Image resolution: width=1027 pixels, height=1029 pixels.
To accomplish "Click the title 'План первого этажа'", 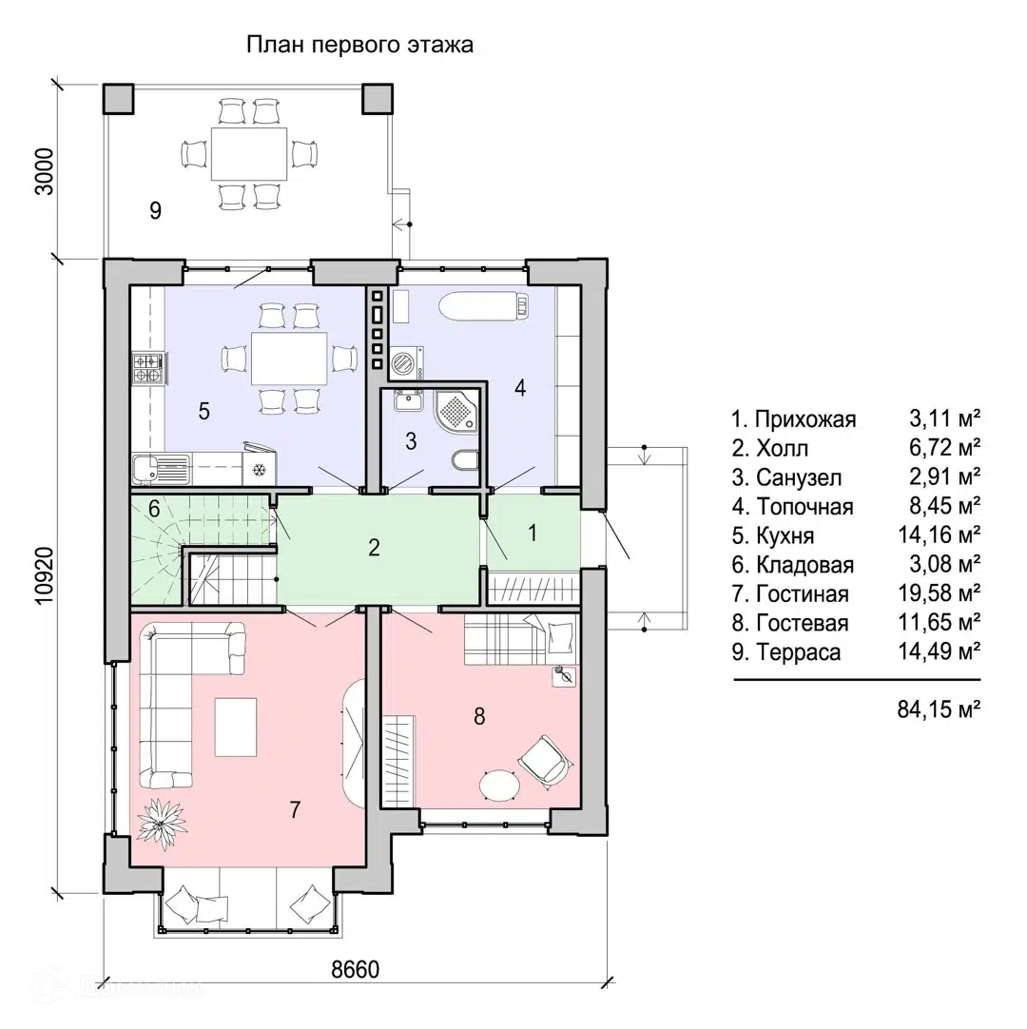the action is click(x=359, y=46).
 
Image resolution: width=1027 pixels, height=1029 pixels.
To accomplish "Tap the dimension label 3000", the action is click(x=45, y=171).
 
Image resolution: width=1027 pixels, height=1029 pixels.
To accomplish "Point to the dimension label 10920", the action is click(x=45, y=576).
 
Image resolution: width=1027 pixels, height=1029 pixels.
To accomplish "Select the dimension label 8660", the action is click(x=355, y=969).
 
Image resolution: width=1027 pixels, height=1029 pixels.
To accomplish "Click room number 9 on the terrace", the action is click(x=155, y=211).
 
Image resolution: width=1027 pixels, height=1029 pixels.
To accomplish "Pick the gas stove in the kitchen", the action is click(x=148, y=367).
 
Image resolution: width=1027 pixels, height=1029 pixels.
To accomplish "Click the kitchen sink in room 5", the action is click(x=160, y=469).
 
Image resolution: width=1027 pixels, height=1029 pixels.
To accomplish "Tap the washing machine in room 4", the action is click(x=406, y=363).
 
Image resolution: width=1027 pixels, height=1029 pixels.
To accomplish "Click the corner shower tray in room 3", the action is click(x=456, y=410).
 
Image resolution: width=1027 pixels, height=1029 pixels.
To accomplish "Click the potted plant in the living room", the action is click(x=162, y=823).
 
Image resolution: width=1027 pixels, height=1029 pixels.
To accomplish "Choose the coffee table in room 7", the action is click(x=236, y=728).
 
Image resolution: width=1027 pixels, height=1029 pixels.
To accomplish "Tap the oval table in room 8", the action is click(x=499, y=785).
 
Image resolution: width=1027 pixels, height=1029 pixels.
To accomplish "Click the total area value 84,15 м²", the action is click(x=939, y=709).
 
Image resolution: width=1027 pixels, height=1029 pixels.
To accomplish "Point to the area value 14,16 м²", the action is click(x=940, y=534).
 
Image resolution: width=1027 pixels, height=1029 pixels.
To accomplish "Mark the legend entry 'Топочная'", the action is click(x=793, y=507).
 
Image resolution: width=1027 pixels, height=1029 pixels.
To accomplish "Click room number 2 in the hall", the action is click(x=374, y=548).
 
